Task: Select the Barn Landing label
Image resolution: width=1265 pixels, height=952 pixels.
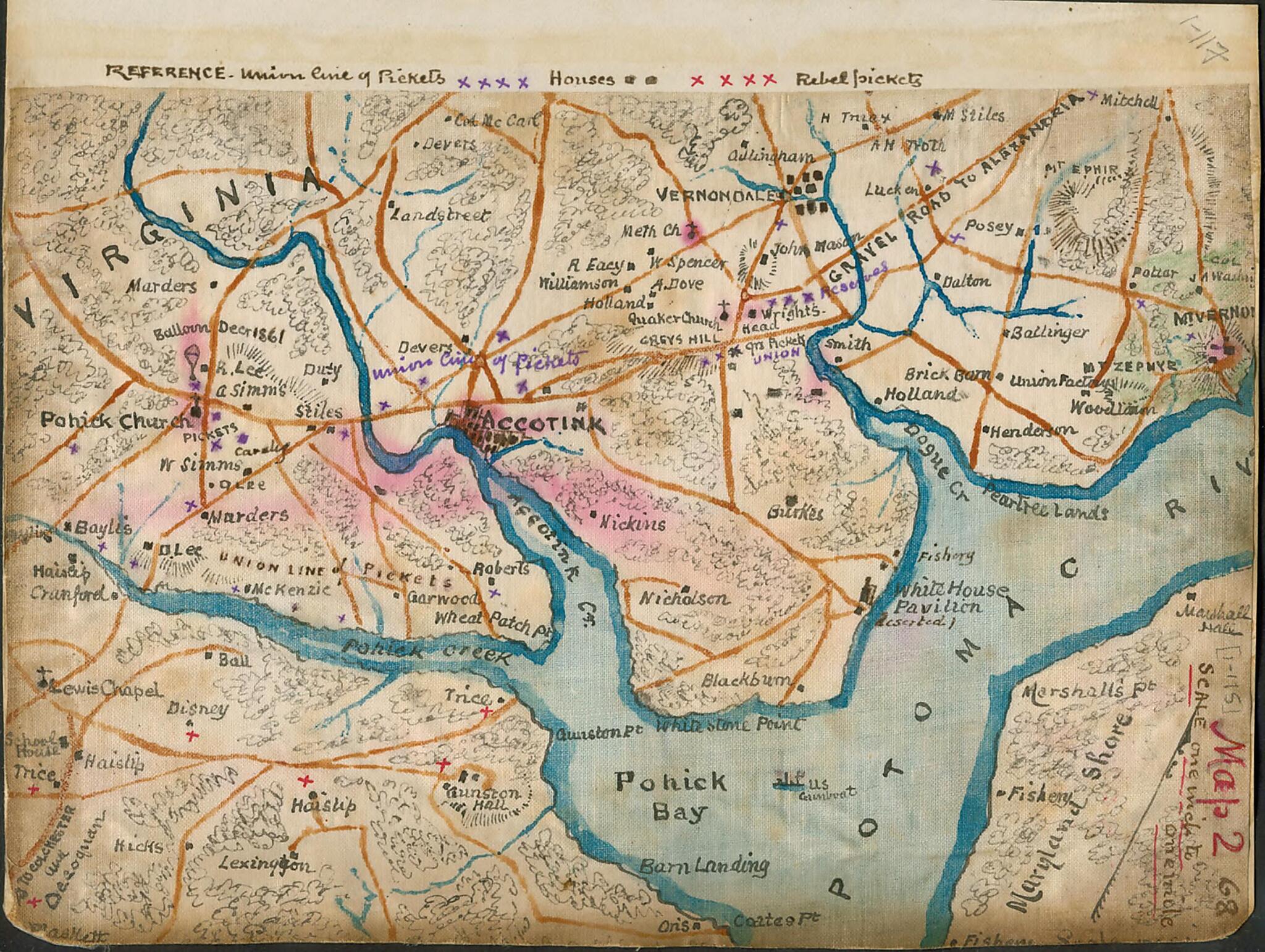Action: click(x=704, y=866)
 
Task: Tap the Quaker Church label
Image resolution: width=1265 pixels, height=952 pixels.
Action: click(x=674, y=319)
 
